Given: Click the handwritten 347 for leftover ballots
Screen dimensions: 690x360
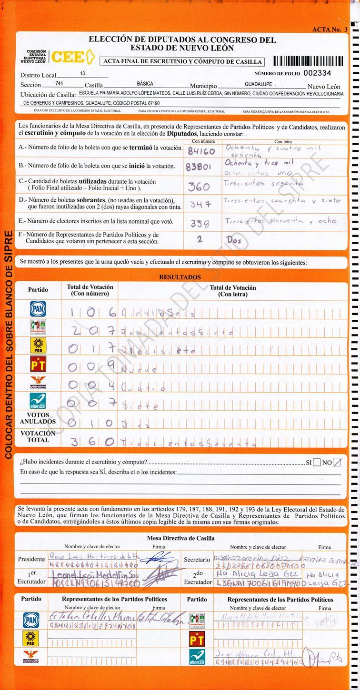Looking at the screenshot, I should pyautogui.click(x=200, y=204).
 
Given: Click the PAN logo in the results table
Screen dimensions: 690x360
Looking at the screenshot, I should pyautogui.click(x=38, y=308).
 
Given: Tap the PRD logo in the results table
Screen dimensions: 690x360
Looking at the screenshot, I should pyautogui.click(x=38, y=345).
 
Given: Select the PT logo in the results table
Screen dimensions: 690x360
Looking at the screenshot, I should pyautogui.click(x=38, y=364).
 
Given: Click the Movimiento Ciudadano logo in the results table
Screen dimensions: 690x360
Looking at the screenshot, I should pyautogui.click(x=38, y=383).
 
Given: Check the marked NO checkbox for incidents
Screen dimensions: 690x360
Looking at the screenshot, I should pyautogui.click(x=337, y=462).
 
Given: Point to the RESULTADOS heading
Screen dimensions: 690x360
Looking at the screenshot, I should pyautogui.click(x=180, y=277).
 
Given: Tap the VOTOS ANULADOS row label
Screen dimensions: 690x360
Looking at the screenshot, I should pyautogui.click(x=38, y=418).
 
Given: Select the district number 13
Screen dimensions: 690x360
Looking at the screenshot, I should pyautogui.click(x=82, y=74).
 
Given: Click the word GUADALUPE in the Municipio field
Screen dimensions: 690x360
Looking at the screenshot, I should pyautogui.click(x=259, y=84).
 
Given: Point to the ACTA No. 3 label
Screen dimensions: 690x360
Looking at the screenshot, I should pyautogui.click(x=330, y=30).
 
